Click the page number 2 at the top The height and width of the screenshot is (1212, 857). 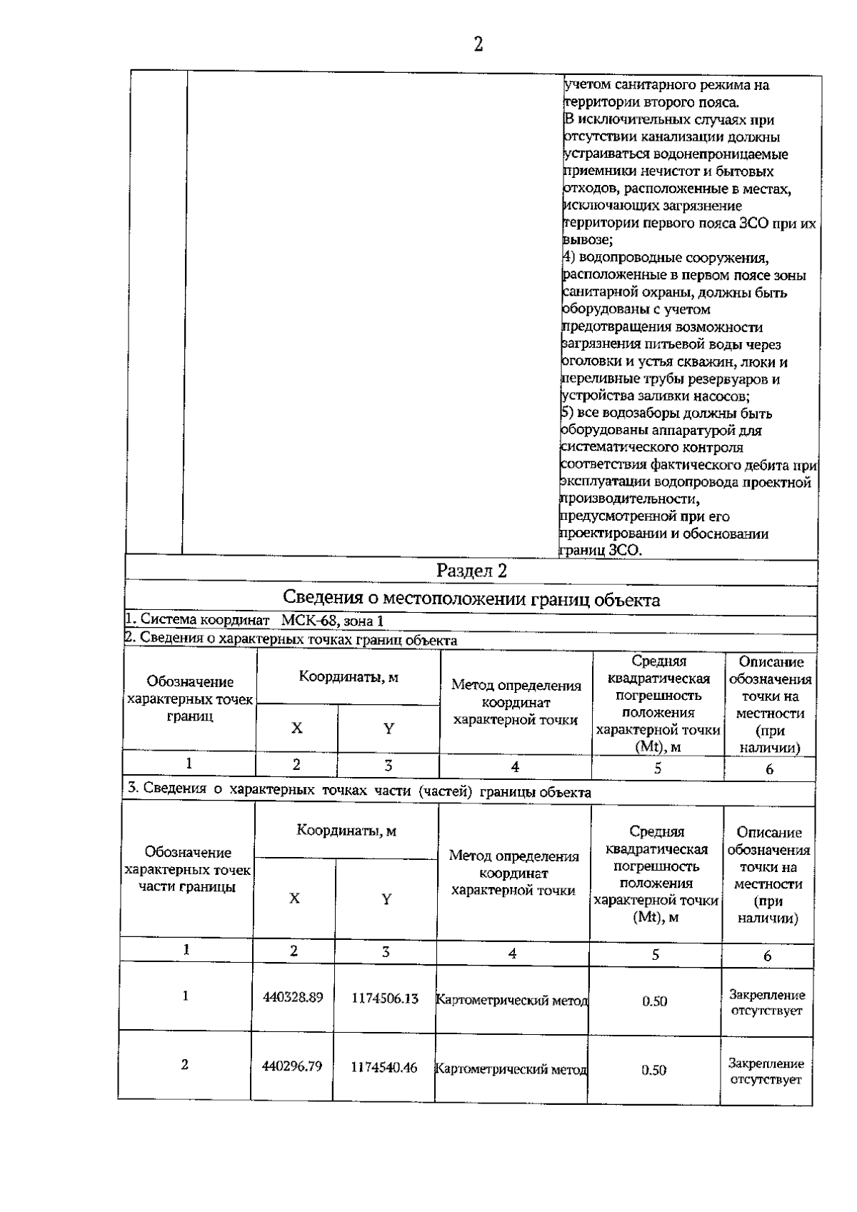(478, 45)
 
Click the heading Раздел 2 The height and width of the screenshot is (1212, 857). (472, 571)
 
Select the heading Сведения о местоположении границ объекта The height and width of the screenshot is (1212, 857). (471, 599)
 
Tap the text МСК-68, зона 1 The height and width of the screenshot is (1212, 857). (332, 621)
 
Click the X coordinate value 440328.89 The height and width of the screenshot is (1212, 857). (293, 997)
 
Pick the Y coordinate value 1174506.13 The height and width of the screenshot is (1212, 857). (385, 998)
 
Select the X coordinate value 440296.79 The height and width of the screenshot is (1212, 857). (292, 1066)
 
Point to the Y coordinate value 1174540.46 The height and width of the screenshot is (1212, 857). (384, 1068)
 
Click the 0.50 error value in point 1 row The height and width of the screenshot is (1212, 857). (654, 1001)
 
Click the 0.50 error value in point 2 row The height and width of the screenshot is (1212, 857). (653, 1070)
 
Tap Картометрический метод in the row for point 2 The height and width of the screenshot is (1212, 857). (511, 1069)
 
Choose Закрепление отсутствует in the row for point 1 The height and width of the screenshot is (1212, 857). (767, 1002)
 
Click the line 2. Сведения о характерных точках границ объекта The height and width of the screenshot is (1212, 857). (291, 640)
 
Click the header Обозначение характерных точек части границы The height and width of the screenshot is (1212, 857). (188, 869)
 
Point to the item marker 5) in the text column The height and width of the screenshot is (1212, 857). (566, 413)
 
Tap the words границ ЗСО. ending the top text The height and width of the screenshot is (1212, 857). (601, 551)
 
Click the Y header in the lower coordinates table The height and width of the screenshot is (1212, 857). (386, 899)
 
